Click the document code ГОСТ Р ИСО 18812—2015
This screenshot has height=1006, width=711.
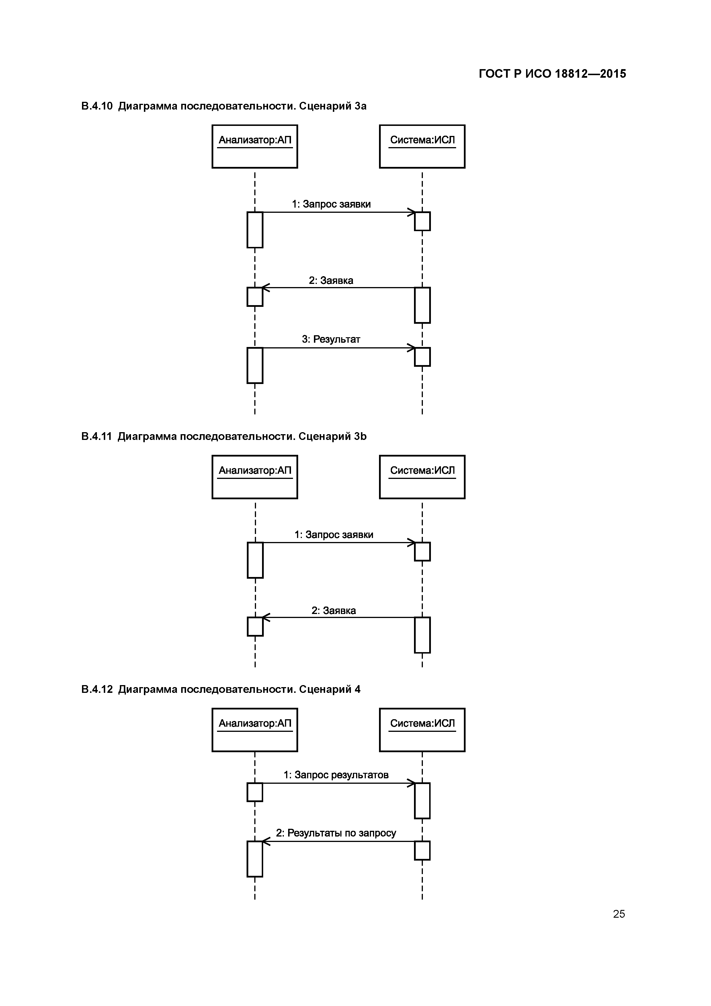coord(552,74)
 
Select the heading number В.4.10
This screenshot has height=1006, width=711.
coord(97,106)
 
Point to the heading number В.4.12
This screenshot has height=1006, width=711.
coord(97,689)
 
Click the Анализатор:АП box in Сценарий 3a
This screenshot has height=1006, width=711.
coord(255,146)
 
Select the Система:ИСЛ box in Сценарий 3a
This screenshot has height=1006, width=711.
coord(422,146)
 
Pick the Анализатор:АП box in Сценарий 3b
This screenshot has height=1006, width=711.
coord(255,477)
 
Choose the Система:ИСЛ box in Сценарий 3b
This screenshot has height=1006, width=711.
coord(422,477)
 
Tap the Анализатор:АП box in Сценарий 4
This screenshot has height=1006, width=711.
coord(255,730)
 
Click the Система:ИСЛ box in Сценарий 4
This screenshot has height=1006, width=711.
coord(422,730)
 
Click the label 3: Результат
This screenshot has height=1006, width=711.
coord(331,339)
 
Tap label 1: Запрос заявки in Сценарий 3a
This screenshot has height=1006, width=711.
coord(331,204)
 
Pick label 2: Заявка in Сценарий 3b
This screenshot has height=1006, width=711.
coord(333,611)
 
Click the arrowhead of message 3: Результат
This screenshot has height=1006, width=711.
coord(412,348)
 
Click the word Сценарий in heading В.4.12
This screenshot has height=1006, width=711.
coord(325,689)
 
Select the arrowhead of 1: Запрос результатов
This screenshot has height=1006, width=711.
coord(412,783)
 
